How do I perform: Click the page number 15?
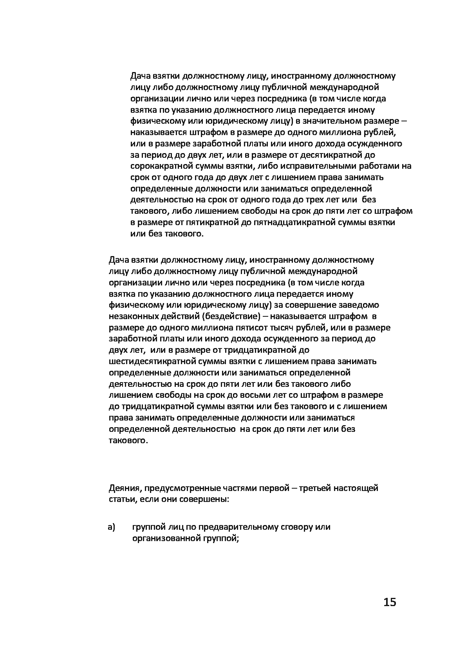click(390, 602)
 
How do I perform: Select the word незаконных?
click(131, 316)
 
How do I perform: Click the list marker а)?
click(112, 527)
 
